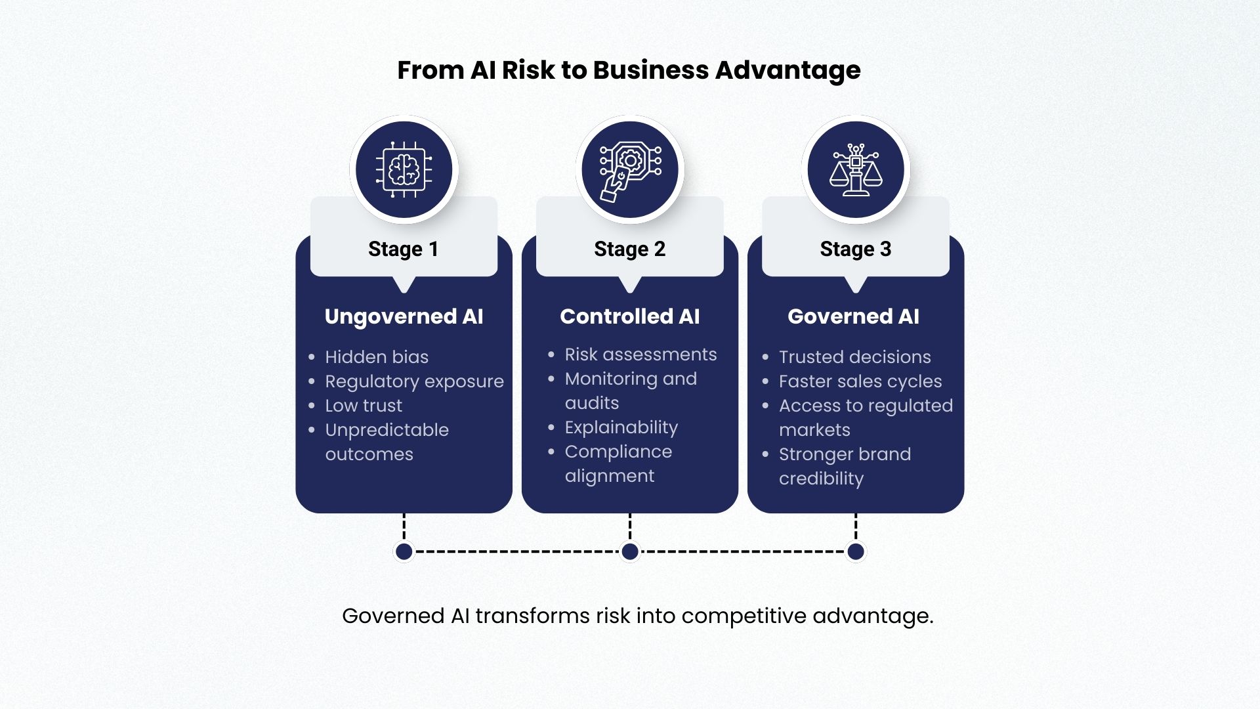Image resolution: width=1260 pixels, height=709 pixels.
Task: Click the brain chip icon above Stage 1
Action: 404,169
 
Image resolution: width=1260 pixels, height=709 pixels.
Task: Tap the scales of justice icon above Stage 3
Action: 856,169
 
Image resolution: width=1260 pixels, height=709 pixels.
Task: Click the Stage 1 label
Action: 403,249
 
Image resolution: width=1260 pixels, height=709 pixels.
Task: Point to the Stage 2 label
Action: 629,249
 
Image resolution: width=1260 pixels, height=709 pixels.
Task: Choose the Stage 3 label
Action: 855,249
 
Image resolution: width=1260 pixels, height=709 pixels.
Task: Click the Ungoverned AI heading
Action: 404,316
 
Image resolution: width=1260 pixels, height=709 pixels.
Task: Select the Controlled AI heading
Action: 629,316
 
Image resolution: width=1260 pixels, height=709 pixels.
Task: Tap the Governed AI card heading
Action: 853,316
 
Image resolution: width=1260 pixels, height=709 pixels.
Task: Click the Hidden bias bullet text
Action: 377,357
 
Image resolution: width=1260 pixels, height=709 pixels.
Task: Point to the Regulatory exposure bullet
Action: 414,381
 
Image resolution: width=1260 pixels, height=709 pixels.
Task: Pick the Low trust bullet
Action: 364,406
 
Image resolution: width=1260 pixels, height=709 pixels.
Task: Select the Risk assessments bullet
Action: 640,354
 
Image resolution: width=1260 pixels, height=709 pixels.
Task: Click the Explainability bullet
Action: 621,427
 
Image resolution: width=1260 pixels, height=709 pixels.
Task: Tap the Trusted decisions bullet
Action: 854,357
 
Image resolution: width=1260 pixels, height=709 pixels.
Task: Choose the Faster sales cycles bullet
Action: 860,381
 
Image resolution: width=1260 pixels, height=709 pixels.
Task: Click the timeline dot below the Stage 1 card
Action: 404,551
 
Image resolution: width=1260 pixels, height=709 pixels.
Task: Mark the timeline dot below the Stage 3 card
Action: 856,551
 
